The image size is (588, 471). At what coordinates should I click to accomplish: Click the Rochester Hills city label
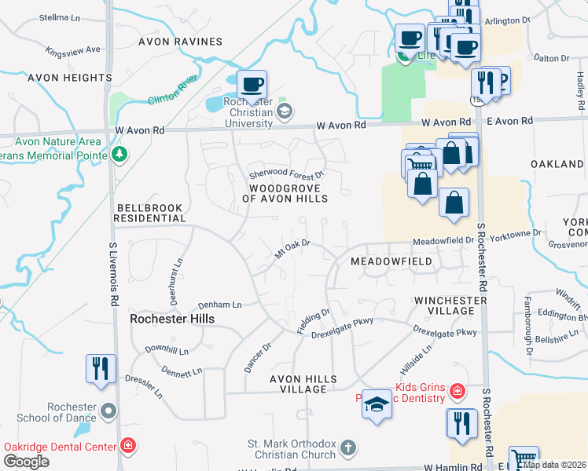172,319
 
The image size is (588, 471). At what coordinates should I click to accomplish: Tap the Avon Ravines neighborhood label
180,42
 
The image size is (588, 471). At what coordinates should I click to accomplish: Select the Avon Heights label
70,78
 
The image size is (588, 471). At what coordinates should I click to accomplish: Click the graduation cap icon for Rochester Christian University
283,111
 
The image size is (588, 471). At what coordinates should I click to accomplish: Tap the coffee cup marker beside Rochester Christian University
252,84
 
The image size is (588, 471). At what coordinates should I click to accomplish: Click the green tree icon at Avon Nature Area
119,153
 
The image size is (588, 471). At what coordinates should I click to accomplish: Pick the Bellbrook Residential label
149,213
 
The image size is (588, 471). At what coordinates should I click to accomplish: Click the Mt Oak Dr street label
293,250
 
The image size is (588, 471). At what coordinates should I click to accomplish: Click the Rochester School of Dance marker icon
109,411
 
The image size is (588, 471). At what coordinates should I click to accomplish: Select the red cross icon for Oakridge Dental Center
127,447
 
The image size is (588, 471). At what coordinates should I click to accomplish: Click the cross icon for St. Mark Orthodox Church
348,448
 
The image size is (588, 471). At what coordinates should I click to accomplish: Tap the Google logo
26,462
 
